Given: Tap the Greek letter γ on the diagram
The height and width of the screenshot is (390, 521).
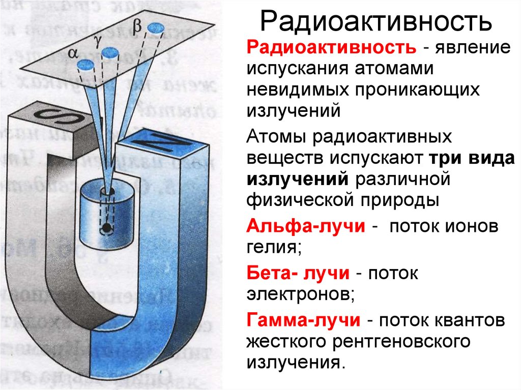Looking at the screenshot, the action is tap(98, 39).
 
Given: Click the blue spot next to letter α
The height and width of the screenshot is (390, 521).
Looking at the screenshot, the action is tap(87, 64).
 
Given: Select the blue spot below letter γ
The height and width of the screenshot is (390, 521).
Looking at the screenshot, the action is tap(109, 52).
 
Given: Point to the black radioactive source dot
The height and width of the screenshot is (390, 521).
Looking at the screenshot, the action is tap(106, 227).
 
